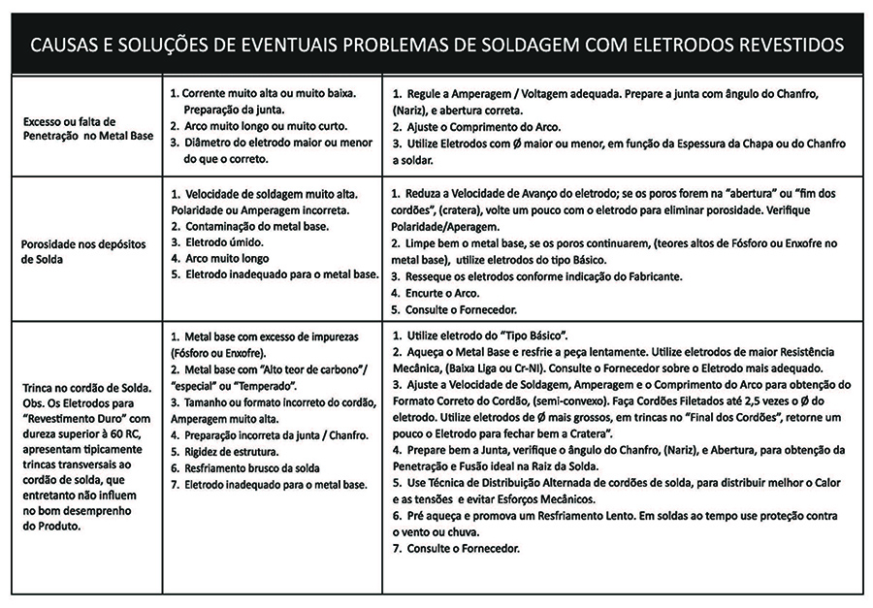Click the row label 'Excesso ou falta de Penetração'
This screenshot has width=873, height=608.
[73, 129]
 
